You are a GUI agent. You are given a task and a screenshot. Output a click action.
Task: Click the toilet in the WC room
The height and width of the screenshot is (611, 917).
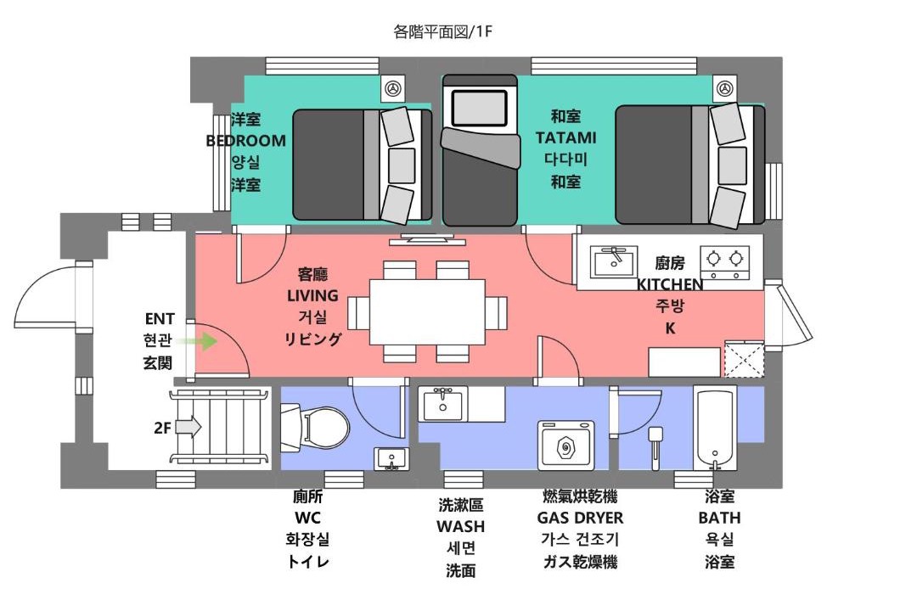[x=314, y=428]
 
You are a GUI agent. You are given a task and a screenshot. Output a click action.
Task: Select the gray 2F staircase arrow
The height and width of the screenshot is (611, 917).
[x=188, y=428]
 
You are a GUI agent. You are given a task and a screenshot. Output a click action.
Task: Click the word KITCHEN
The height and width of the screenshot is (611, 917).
[x=670, y=285]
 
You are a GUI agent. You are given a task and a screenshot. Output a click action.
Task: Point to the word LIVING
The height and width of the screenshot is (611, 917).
[x=312, y=296]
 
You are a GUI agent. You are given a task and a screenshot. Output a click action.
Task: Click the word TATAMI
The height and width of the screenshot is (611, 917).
[x=565, y=138]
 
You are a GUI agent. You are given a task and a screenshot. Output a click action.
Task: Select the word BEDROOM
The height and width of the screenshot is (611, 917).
[x=245, y=141]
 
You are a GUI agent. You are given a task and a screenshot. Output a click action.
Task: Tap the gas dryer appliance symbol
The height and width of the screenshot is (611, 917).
[x=565, y=446]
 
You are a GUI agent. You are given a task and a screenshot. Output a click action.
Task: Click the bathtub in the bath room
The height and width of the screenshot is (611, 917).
[x=714, y=428]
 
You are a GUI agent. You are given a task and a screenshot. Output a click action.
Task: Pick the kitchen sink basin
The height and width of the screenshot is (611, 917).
[x=614, y=262]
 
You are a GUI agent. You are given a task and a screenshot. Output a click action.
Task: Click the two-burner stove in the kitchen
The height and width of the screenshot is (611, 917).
[x=725, y=262]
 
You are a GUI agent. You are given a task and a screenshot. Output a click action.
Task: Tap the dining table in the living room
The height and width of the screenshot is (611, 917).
[x=427, y=312]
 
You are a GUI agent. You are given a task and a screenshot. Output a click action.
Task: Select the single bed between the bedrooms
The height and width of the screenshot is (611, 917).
[x=480, y=150]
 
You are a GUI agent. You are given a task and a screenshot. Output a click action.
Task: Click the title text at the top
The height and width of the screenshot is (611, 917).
[x=442, y=31]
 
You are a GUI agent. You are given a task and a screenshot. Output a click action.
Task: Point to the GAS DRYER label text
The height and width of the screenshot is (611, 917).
[x=580, y=518]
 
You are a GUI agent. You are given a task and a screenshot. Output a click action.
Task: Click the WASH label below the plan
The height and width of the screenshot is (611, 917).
[x=461, y=526]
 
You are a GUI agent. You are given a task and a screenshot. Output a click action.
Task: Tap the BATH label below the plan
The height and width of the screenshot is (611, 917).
[x=719, y=518]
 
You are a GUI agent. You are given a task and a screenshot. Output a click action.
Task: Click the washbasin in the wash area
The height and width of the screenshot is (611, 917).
[x=442, y=404]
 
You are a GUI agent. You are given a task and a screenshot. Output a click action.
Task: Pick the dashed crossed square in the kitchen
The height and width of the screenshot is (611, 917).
[x=745, y=358]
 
